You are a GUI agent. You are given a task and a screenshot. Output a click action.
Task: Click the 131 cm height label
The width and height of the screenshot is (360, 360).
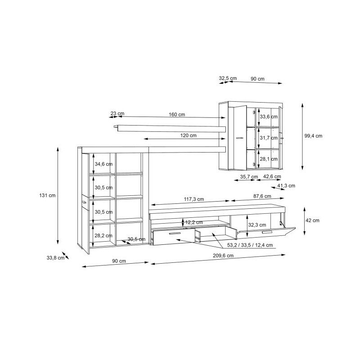(x=47, y=195)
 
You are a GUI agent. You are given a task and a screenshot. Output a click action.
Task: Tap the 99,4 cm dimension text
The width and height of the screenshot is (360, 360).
(x=313, y=136)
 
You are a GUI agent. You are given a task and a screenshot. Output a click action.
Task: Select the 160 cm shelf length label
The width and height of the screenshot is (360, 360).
(x=177, y=114)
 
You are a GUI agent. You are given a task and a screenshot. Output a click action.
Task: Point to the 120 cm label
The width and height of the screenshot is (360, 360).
(x=188, y=135)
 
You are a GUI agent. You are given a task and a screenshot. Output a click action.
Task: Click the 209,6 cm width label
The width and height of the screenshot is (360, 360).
(x=223, y=256)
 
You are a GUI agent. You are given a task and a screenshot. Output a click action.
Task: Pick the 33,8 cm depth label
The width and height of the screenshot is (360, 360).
(x=55, y=258)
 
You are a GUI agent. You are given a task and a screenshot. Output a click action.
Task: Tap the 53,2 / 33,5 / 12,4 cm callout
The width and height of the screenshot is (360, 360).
(x=250, y=245)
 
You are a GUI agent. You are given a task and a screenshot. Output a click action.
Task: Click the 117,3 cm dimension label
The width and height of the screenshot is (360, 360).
(x=194, y=199)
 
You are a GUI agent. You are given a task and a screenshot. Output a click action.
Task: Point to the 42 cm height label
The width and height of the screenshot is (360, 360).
(x=312, y=220)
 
